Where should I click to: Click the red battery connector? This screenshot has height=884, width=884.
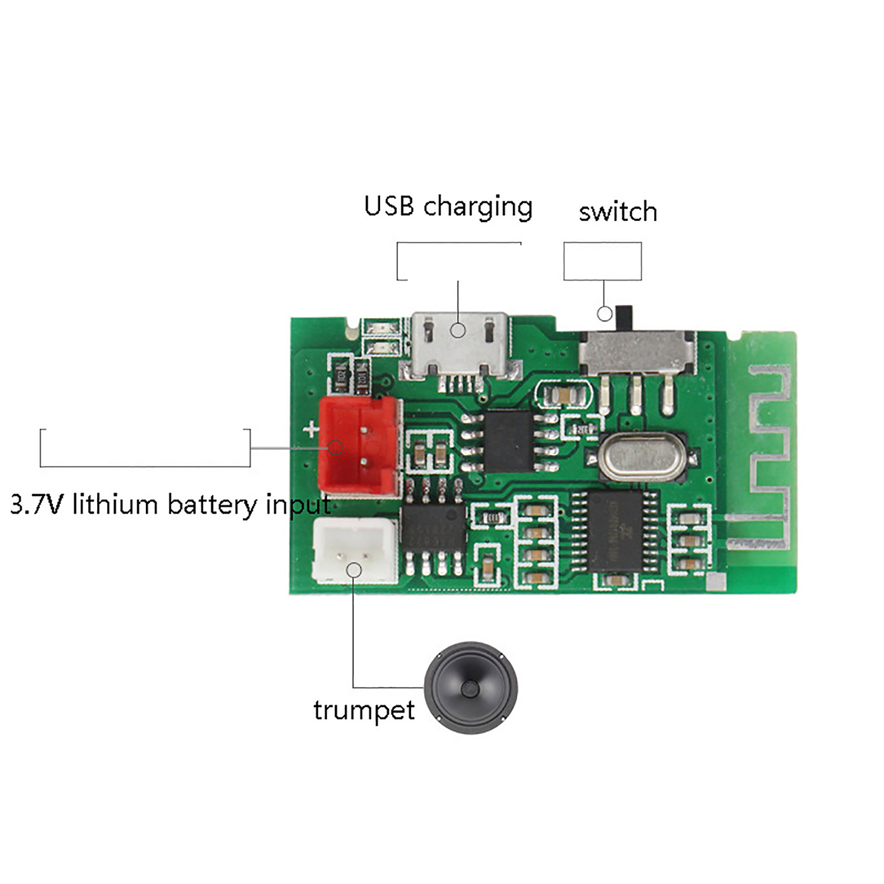(x=359, y=446)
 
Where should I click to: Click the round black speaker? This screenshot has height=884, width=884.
(x=471, y=688)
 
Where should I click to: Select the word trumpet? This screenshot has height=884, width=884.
(x=364, y=711)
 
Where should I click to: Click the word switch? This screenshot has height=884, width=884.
(x=618, y=212)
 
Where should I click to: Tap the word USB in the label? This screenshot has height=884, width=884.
(x=389, y=206)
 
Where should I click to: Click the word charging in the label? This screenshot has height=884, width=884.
(x=478, y=208)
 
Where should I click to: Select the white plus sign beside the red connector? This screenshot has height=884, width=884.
(x=312, y=429)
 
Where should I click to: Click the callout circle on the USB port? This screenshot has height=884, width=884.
(x=457, y=330)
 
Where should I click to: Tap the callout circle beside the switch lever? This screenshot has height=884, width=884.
(x=605, y=314)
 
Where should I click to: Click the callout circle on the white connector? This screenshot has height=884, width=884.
(x=354, y=570)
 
